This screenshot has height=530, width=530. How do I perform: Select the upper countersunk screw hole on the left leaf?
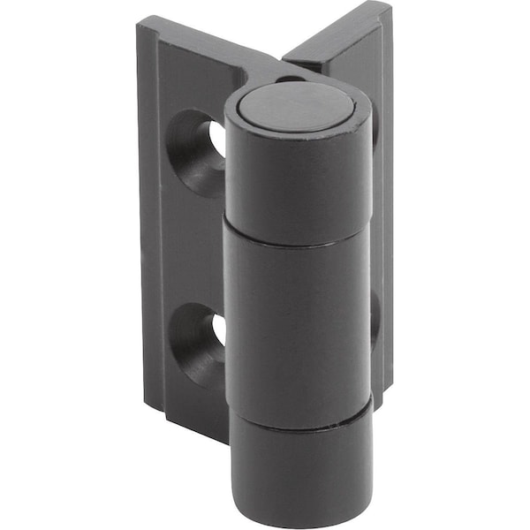tap(199, 150)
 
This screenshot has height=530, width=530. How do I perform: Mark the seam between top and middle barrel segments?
tap(297, 240)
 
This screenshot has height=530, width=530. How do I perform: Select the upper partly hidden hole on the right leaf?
tap(375, 132)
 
